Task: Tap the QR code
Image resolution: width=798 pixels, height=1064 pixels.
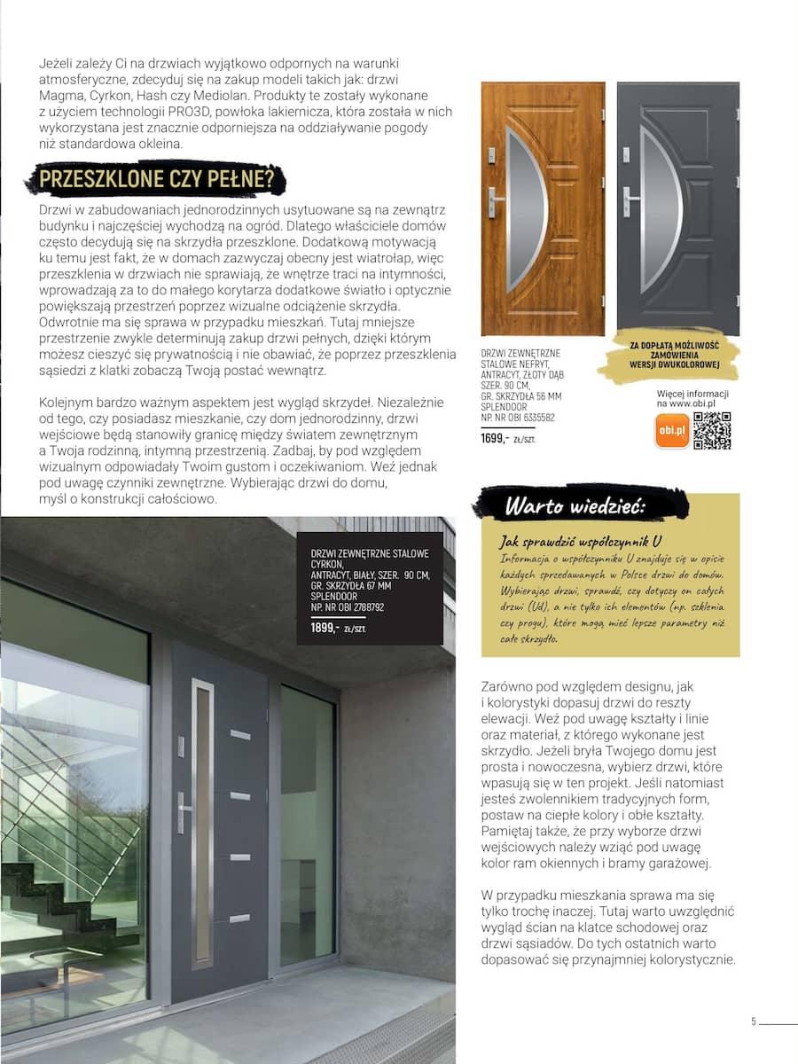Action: (711, 431)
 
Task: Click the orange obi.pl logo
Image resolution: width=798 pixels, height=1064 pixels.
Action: (671, 432)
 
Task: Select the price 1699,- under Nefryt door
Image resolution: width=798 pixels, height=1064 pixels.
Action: (495, 438)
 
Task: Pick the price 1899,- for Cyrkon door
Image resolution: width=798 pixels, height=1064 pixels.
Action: (325, 628)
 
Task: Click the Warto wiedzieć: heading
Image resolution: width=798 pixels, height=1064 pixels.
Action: (575, 506)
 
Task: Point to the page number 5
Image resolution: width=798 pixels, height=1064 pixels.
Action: (754, 1021)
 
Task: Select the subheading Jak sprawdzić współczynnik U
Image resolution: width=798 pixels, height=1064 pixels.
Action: (581, 541)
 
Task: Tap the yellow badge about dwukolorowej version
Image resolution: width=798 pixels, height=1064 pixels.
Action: (673, 355)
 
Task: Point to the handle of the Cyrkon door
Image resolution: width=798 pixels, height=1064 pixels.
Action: (183, 809)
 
